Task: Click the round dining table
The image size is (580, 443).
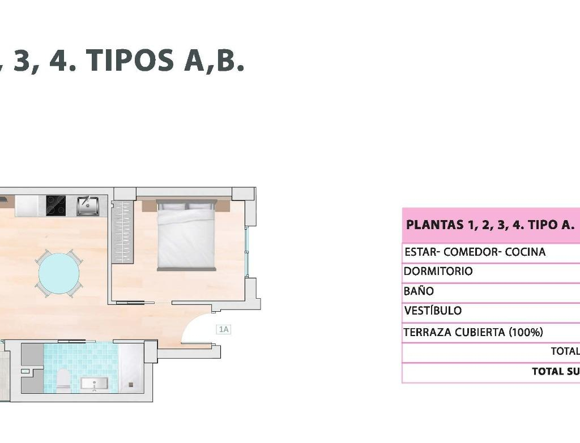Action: point(59,273)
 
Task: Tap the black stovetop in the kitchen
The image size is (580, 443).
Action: point(56,206)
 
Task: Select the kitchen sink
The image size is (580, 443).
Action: point(88,206)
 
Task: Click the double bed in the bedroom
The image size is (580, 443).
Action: point(186,235)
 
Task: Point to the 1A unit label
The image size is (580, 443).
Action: point(224,329)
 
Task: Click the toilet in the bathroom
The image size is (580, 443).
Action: point(63,380)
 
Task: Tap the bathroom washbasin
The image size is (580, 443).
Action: point(95,384)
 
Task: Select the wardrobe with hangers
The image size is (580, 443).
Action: point(122,231)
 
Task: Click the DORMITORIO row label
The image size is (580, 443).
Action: point(438,271)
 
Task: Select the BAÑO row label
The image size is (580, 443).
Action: point(419,291)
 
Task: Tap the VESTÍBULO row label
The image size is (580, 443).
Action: point(433,311)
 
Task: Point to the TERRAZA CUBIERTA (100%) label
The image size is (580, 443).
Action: point(473,332)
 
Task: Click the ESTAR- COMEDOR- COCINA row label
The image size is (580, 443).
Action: point(475,252)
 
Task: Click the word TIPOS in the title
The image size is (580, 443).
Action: point(130,60)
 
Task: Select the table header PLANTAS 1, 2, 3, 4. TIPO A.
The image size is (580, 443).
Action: point(490,225)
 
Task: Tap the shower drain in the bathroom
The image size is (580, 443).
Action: point(131,385)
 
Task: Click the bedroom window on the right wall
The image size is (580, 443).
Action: point(247,252)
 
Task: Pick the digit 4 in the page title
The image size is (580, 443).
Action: point(59,60)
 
